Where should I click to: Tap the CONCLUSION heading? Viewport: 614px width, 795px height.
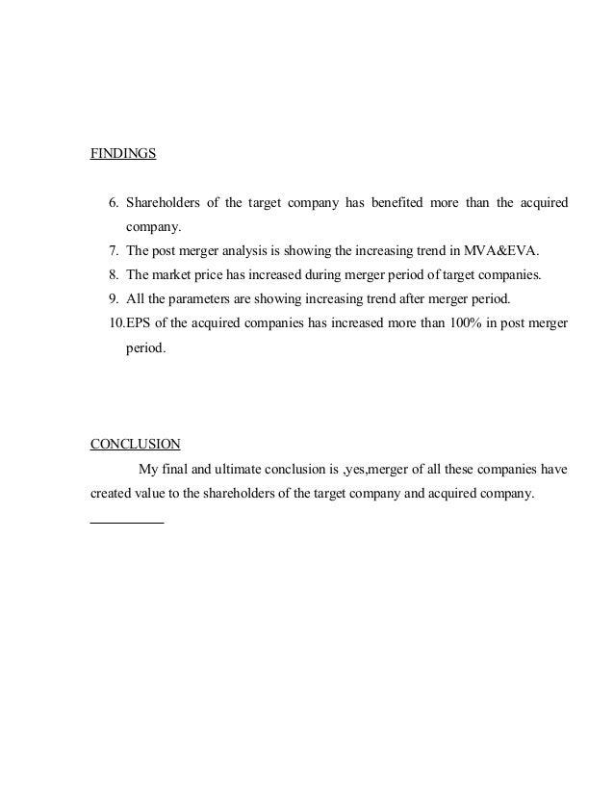point(135,445)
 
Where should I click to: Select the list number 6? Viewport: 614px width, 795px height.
point(113,203)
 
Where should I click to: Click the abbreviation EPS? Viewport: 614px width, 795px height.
point(141,323)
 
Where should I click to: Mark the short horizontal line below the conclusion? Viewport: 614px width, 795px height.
point(126,521)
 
